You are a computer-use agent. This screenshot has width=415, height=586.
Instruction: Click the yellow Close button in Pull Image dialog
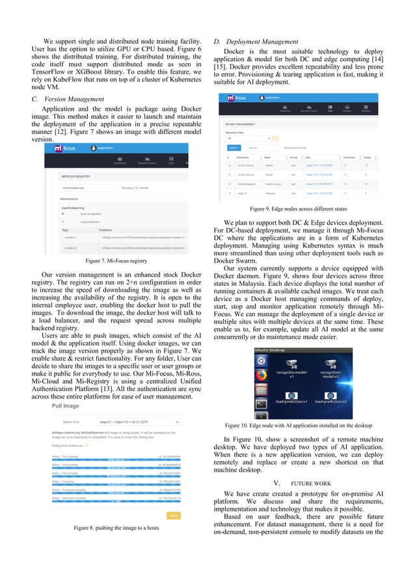[174, 515]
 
